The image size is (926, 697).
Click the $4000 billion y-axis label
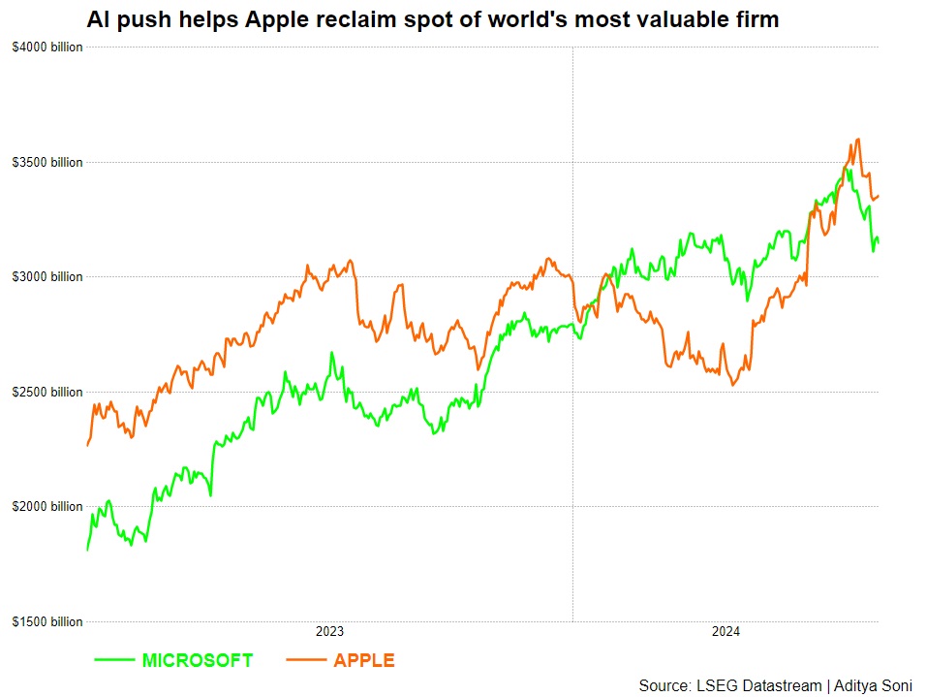pos(47,48)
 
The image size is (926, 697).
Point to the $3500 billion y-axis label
pos(47,162)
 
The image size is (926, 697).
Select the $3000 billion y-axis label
pos(47,277)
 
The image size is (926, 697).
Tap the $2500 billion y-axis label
pos(47,392)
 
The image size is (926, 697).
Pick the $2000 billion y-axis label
pos(47,507)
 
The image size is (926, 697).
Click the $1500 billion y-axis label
pos(47,621)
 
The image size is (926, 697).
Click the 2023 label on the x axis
pos(329,632)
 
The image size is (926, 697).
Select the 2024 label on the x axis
pos(725,632)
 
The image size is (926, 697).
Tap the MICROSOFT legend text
pos(198,661)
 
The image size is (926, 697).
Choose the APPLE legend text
pos(364,661)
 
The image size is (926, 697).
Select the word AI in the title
pos(98,19)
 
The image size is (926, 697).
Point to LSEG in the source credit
pos(716,686)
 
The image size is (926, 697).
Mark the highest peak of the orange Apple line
pos(858,139)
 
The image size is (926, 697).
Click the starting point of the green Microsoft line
pos(87,550)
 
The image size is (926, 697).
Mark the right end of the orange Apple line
pos(879,196)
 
